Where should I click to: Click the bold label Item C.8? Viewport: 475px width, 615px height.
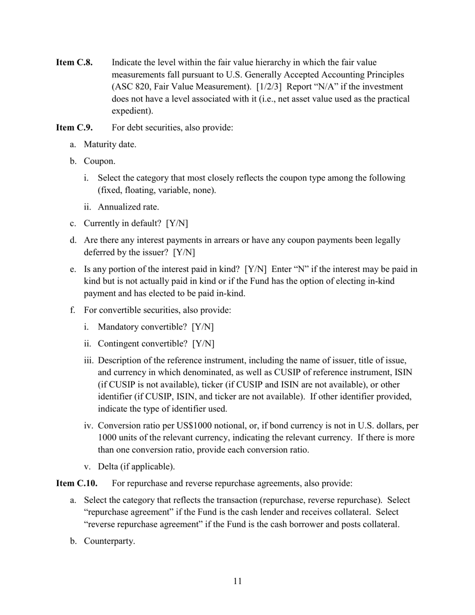[74, 62]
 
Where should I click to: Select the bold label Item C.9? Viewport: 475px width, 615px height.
[74, 127]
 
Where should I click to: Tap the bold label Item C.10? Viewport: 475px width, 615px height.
[76, 483]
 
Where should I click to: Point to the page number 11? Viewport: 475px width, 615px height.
[237, 581]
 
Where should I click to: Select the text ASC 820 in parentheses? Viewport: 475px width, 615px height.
[131, 87]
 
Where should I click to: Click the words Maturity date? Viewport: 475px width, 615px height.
[109, 144]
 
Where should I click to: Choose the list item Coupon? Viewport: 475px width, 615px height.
[99, 161]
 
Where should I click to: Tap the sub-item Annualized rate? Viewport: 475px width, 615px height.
[128, 207]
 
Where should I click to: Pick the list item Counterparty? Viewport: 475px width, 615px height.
[109, 541]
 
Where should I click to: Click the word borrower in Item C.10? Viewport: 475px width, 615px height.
[284, 524]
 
